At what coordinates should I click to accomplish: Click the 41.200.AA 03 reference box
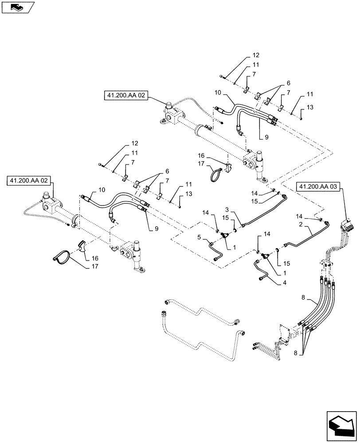click(318, 187)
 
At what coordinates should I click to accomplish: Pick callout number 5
click(200, 238)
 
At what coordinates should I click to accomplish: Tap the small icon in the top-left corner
click(17, 7)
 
